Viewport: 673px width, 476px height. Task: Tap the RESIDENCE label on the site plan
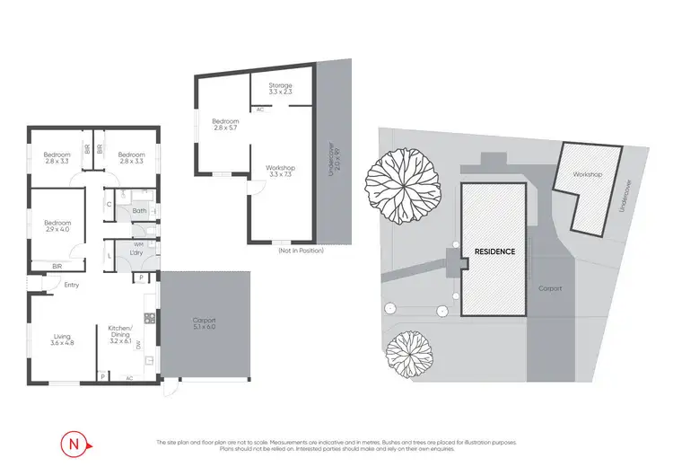(495, 251)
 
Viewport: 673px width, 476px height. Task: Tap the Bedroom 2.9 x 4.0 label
(57, 225)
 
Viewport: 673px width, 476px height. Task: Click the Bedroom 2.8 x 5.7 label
(225, 124)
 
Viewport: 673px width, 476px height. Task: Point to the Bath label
(139, 212)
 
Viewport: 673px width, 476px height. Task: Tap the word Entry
(71, 285)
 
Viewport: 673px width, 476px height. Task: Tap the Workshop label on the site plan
(587, 174)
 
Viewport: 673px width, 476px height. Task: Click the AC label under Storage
(259, 109)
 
